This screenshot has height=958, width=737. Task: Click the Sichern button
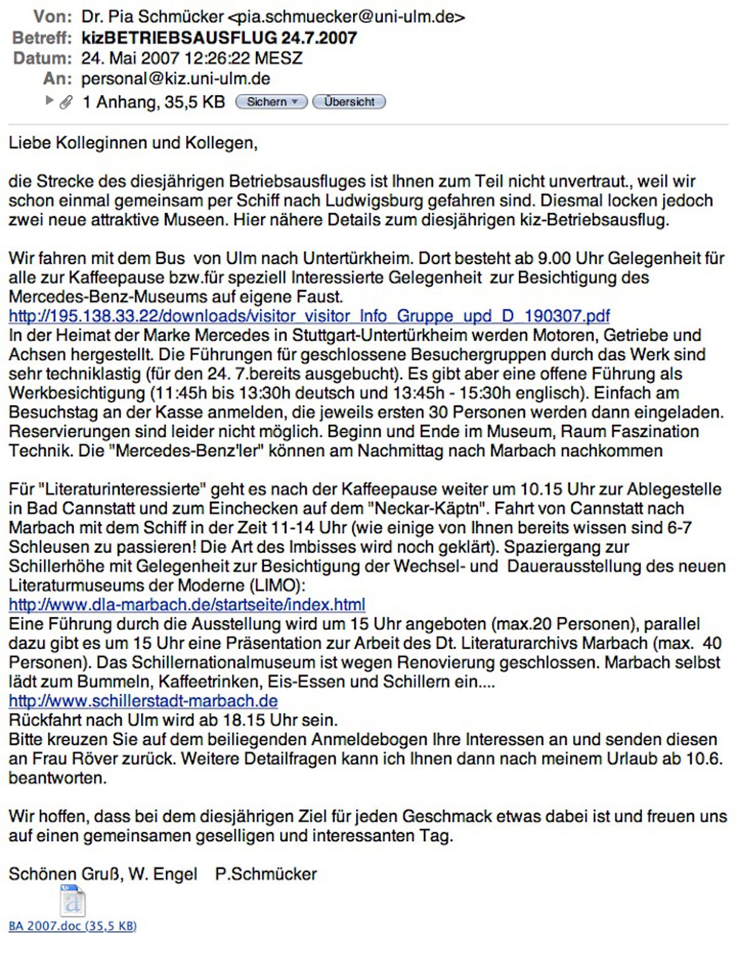(x=271, y=102)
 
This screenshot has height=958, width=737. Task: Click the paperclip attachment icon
(x=66, y=103)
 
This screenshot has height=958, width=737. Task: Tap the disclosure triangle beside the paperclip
(x=50, y=101)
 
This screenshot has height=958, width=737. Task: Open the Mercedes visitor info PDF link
(x=309, y=316)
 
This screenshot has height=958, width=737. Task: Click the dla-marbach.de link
(x=187, y=605)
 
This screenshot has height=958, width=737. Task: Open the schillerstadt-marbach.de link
(x=143, y=701)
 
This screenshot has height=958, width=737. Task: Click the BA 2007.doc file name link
(x=72, y=926)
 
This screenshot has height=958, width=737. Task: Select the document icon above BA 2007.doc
(x=72, y=900)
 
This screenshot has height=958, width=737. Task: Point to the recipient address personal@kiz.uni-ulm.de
(x=176, y=79)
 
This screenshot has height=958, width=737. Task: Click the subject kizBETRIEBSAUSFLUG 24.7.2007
(x=219, y=38)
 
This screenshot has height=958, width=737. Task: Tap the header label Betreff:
(x=42, y=38)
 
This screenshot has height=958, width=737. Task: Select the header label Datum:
(x=42, y=58)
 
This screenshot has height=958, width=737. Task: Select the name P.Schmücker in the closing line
(x=266, y=874)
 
